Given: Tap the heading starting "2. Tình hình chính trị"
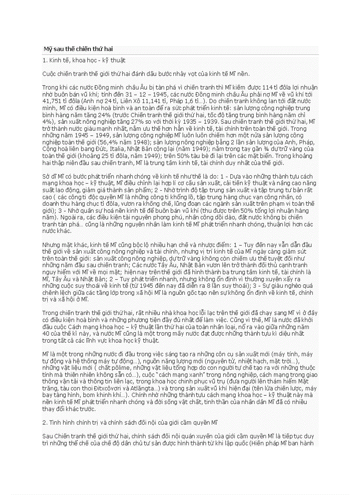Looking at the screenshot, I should pos(130,422).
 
